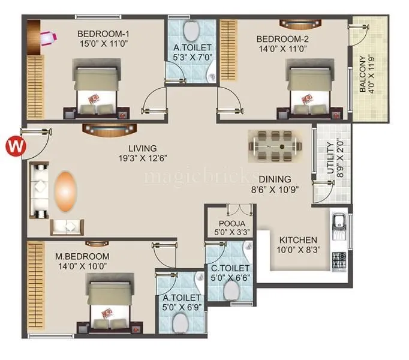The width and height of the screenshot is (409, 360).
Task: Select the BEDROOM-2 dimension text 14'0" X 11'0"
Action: pos(281,50)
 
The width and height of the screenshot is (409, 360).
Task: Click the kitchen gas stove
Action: pos(339,259)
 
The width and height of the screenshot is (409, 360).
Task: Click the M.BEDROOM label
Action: pos(82,256)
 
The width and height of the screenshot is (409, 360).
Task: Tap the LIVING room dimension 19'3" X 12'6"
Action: pos(142,159)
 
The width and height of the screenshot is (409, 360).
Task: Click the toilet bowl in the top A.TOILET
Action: pos(191,30)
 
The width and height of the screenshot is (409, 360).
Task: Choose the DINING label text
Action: pos(275,179)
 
